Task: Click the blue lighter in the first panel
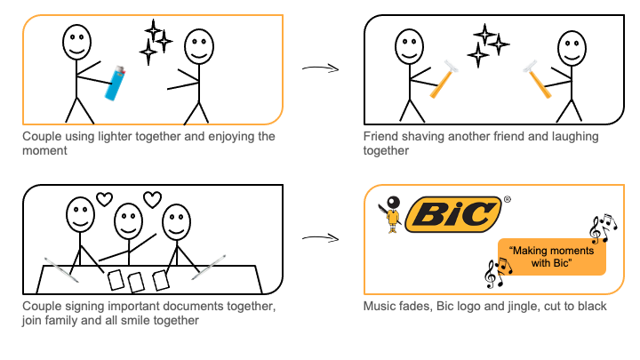(114, 84)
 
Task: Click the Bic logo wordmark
(452, 214)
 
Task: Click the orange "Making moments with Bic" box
(552, 258)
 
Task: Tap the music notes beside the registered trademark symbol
(602, 229)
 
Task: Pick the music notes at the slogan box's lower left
(493, 272)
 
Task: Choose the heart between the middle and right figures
(153, 199)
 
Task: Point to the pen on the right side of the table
(207, 267)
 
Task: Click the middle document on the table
(137, 282)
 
